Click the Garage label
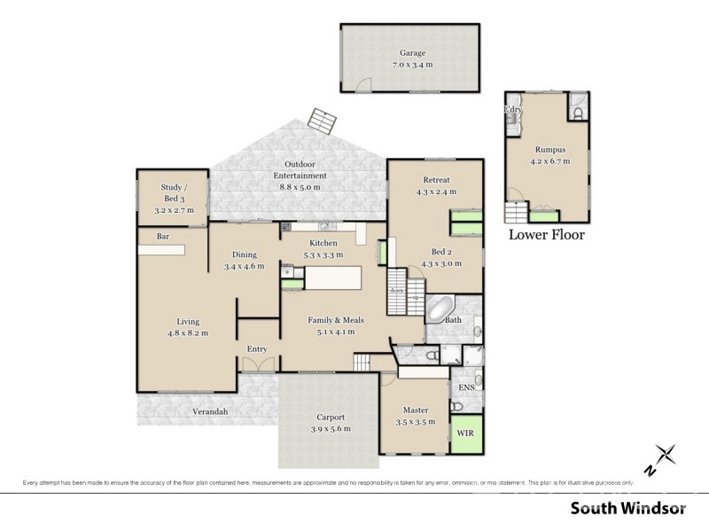click(x=412, y=52)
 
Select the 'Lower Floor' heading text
click(x=546, y=236)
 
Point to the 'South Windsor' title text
click(x=627, y=509)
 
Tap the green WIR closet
click(x=466, y=434)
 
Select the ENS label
click(x=466, y=388)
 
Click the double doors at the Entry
click(x=257, y=364)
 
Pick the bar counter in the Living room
click(x=160, y=250)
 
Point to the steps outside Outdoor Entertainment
click(x=320, y=121)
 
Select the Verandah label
click(x=210, y=411)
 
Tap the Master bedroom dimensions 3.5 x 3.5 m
click(x=416, y=422)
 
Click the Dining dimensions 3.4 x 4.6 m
click(x=244, y=266)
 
